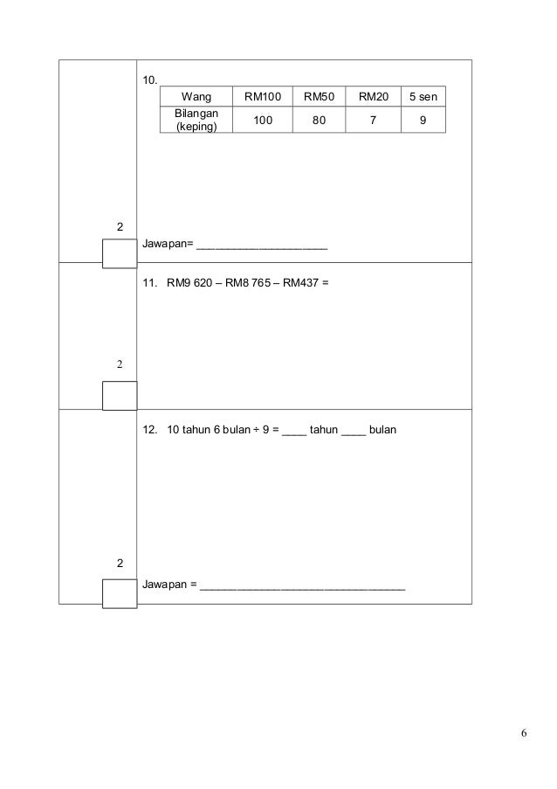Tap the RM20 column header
(x=374, y=96)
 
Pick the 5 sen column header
(x=423, y=96)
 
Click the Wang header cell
(x=196, y=96)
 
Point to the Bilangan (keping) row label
(x=196, y=120)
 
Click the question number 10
(x=149, y=81)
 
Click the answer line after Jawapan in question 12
(x=303, y=591)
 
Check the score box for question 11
(x=120, y=395)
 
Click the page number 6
(x=523, y=732)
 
